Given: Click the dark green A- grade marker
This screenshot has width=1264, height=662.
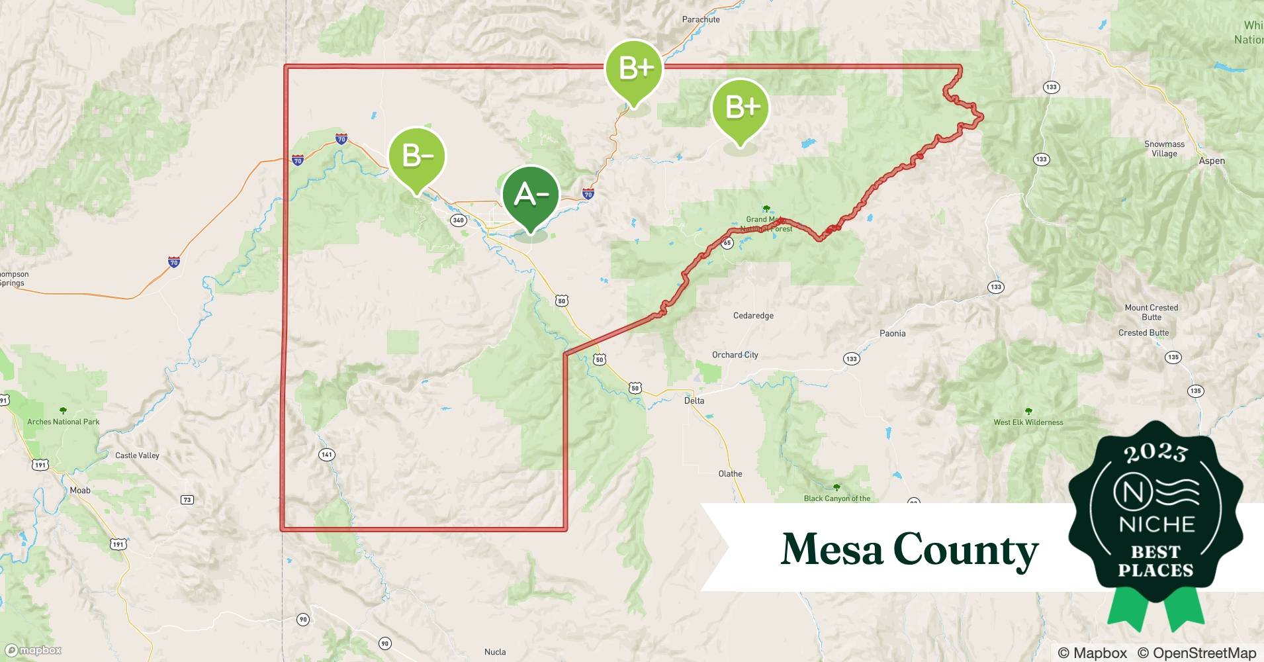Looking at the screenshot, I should [x=530, y=196].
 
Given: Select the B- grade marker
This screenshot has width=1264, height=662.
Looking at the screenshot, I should [x=416, y=158].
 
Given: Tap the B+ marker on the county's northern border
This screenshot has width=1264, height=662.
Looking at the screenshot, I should [x=633, y=69].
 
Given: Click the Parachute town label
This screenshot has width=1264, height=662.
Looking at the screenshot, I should [x=701, y=19].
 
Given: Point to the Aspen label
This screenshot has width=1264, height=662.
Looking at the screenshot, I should [x=1212, y=161].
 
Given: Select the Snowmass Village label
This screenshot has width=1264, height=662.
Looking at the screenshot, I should [x=1164, y=149].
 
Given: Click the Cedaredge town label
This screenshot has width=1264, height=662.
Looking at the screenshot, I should [x=753, y=316].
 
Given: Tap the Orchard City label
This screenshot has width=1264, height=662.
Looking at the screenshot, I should [x=735, y=355].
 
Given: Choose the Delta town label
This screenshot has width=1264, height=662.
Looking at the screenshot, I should [x=694, y=401].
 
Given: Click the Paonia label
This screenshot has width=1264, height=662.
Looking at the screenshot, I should [x=892, y=334].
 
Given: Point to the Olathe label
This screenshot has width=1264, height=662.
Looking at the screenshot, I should [x=730, y=474].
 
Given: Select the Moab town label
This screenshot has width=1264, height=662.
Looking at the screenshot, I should [x=80, y=491].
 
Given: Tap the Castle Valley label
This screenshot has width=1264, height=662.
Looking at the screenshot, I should [x=137, y=455].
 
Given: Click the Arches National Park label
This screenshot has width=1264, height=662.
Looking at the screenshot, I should [x=64, y=422].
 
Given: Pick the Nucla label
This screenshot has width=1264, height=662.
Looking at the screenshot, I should [x=495, y=652].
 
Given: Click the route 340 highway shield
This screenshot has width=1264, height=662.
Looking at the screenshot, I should [x=458, y=220].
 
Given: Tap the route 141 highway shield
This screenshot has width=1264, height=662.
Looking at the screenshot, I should [x=326, y=455].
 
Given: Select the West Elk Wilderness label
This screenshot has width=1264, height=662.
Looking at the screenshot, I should [x=1028, y=422].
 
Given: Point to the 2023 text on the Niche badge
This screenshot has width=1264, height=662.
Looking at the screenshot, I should [x=1155, y=453].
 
